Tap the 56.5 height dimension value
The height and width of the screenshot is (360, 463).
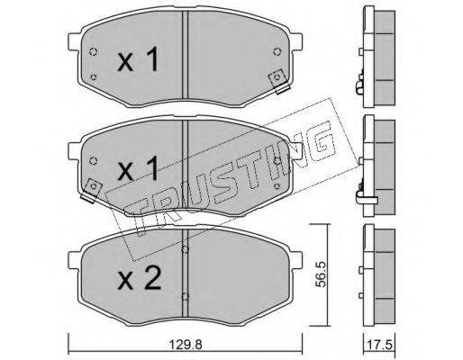point(322,274)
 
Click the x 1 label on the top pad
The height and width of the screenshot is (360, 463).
point(138,59)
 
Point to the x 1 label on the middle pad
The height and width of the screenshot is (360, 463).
point(138,168)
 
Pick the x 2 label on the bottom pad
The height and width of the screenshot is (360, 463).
point(140,278)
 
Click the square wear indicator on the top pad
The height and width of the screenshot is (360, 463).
point(278,81)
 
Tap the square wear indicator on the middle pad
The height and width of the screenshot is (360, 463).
point(92,190)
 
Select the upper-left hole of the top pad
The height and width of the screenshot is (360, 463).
point(93,52)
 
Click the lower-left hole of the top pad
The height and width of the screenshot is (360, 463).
point(93,77)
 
